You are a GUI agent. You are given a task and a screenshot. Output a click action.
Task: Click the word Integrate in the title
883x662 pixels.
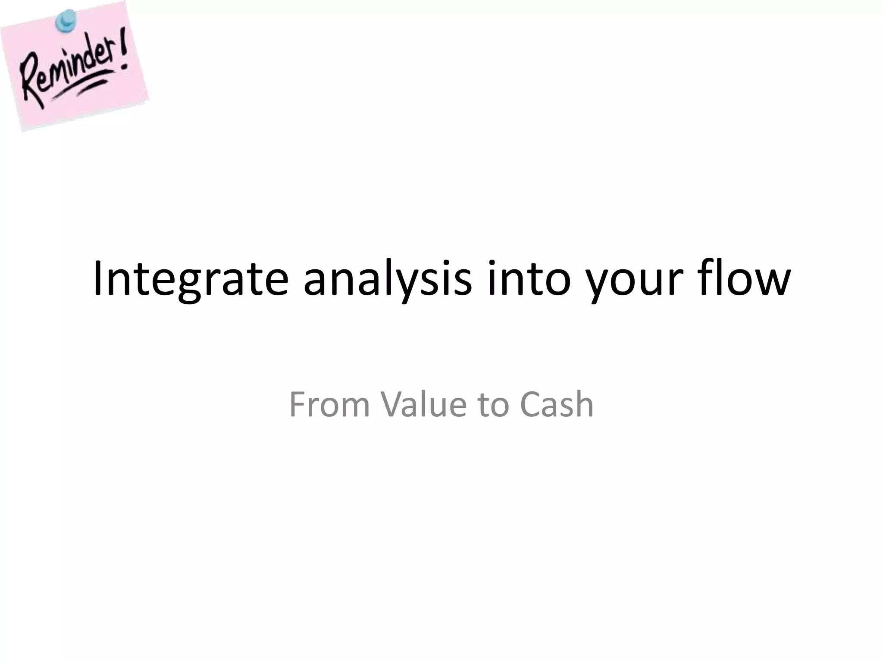tap(190, 279)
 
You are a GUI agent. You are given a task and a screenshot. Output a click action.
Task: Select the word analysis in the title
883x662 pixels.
tap(388, 279)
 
